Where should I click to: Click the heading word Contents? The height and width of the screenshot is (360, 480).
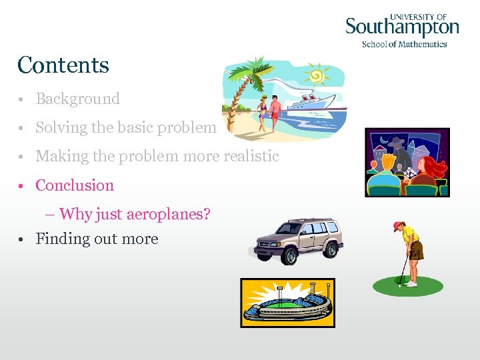point(63,65)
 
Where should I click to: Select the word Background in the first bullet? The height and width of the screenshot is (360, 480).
point(77,99)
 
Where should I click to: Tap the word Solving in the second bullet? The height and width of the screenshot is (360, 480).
point(59,127)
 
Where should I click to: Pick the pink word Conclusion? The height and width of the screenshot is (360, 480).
point(75,185)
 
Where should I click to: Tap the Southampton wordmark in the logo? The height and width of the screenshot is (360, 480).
point(402,27)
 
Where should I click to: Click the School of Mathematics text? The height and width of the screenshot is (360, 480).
point(404,44)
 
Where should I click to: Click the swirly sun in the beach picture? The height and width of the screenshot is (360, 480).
point(316,75)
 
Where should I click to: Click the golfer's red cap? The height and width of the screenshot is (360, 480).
point(398,226)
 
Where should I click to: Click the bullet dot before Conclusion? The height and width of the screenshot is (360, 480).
point(22,186)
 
